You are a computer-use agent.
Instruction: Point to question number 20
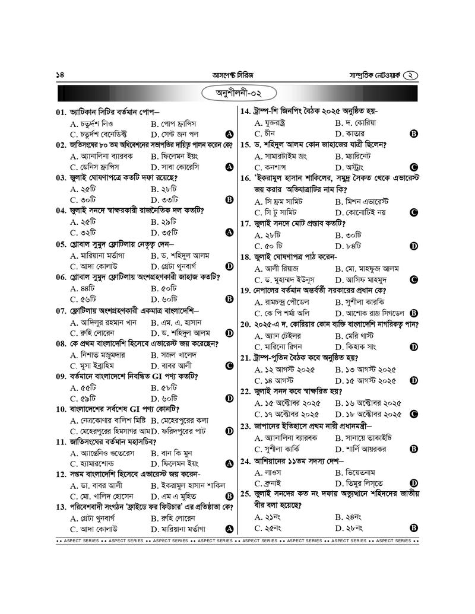[x=246, y=325]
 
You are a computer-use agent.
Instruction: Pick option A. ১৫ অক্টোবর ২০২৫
[x=287, y=403]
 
